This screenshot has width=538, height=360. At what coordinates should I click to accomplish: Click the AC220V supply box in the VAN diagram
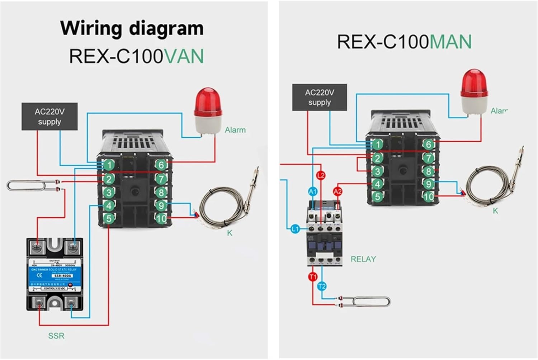(49, 117)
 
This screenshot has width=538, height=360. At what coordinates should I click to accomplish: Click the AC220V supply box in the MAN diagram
(319, 97)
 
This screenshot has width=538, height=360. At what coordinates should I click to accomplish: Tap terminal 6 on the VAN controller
(161, 165)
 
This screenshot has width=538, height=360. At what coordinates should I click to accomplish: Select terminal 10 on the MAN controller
(429, 196)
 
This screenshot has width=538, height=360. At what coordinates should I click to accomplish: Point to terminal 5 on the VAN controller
(109, 218)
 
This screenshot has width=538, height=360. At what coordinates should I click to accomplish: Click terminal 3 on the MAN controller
(377, 171)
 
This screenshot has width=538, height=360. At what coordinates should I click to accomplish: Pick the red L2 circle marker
(321, 175)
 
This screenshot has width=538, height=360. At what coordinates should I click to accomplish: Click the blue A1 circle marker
(313, 191)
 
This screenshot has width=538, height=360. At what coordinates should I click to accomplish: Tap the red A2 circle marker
(338, 191)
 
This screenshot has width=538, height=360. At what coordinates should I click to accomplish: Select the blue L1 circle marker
(295, 228)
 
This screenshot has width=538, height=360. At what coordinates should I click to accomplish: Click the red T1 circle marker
(313, 276)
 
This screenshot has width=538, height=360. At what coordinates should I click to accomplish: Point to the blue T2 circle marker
(322, 286)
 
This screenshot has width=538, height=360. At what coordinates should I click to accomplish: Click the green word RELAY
(363, 259)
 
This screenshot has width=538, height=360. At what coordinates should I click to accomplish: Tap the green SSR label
(56, 336)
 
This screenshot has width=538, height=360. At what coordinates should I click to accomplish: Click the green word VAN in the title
(184, 56)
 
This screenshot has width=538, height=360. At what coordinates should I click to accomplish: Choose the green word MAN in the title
(450, 42)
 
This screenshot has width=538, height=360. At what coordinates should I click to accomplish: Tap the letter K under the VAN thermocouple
(230, 233)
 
